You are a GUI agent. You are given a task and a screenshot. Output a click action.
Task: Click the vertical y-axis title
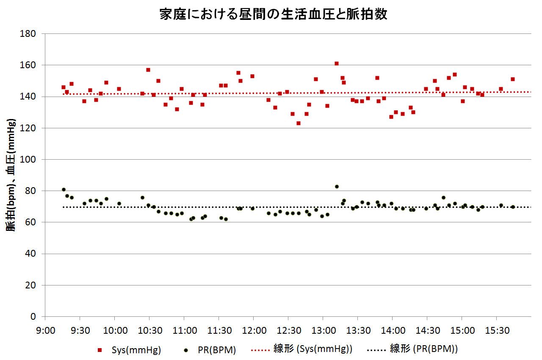coord(11,175)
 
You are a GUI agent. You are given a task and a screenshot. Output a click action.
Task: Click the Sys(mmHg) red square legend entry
coord(130,350)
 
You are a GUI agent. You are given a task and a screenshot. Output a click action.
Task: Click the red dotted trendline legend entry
coord(301,349)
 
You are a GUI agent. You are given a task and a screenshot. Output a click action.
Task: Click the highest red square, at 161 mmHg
coord(337,64)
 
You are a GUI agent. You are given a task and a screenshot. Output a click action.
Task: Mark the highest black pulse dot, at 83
coord(337,186)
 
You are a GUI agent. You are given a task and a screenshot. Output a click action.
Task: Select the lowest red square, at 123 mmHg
coord(299,123)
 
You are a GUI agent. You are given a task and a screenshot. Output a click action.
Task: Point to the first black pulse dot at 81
coord(64,189)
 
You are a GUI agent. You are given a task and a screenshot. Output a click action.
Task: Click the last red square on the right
coord(512,79)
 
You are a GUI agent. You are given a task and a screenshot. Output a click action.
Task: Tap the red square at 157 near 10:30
coord(148,70)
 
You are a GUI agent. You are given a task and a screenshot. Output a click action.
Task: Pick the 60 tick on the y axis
coord(30,222)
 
